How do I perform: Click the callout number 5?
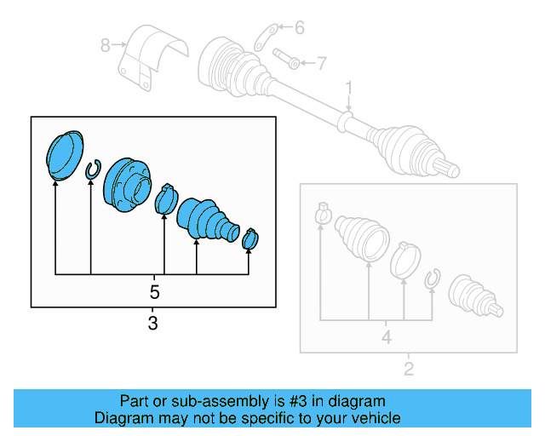[154, 291]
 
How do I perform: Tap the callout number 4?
[386, 337]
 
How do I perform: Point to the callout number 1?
[348, 88]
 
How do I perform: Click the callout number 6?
[299, 28]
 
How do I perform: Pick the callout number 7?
[321, 61]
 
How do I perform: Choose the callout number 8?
[106, 45]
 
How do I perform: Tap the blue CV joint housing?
[126, 185]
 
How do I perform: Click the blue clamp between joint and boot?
[165, 199]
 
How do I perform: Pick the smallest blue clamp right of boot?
[250, 239]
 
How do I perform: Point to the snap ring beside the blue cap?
[92, 172]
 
